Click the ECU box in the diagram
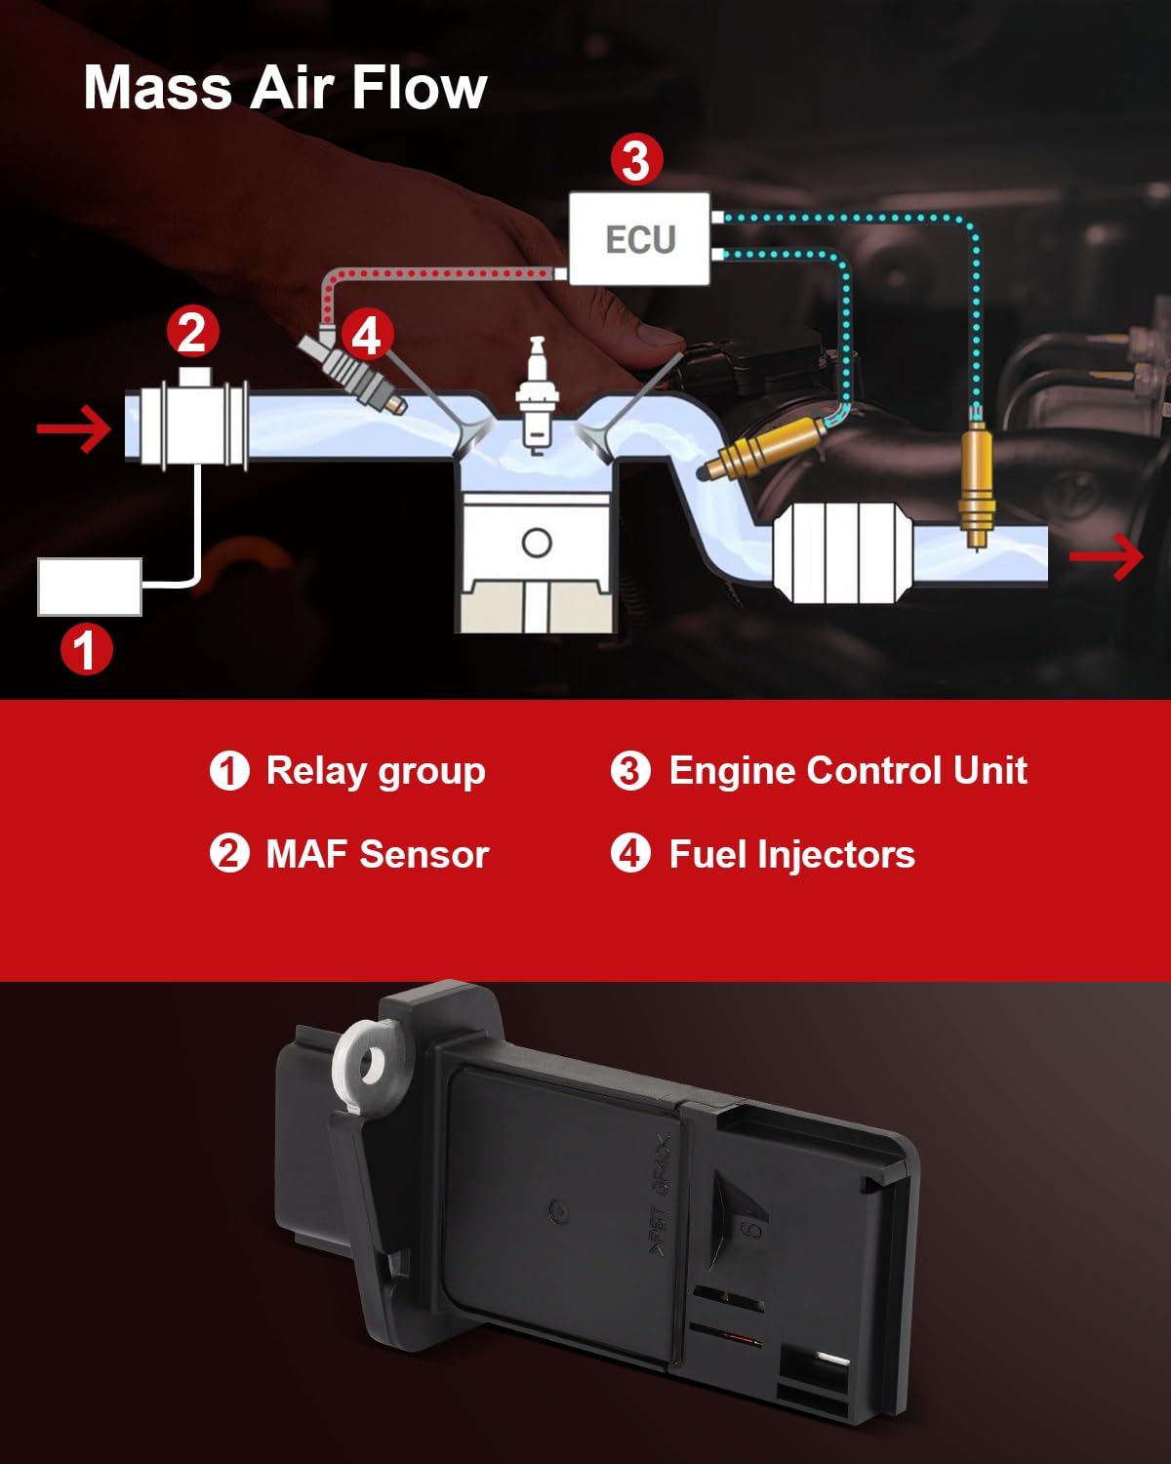[x=639, y=239]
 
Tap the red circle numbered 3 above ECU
[x=636, y=160]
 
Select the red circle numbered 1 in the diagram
[x=87, y=650]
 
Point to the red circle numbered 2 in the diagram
[x=192, y=333]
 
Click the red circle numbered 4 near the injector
[x=366, y=335]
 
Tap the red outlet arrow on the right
[x=1107, y=556]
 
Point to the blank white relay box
[x=90, y=587]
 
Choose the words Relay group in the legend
[x=376, y=771]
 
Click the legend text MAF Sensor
[x=377, y=855]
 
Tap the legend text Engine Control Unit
[x=847, y=771]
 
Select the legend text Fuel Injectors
[x=791, y=855]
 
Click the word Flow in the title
[x=419, y=88]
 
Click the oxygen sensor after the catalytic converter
[x=976, y=483]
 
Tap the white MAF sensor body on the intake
[x=185, y=426]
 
